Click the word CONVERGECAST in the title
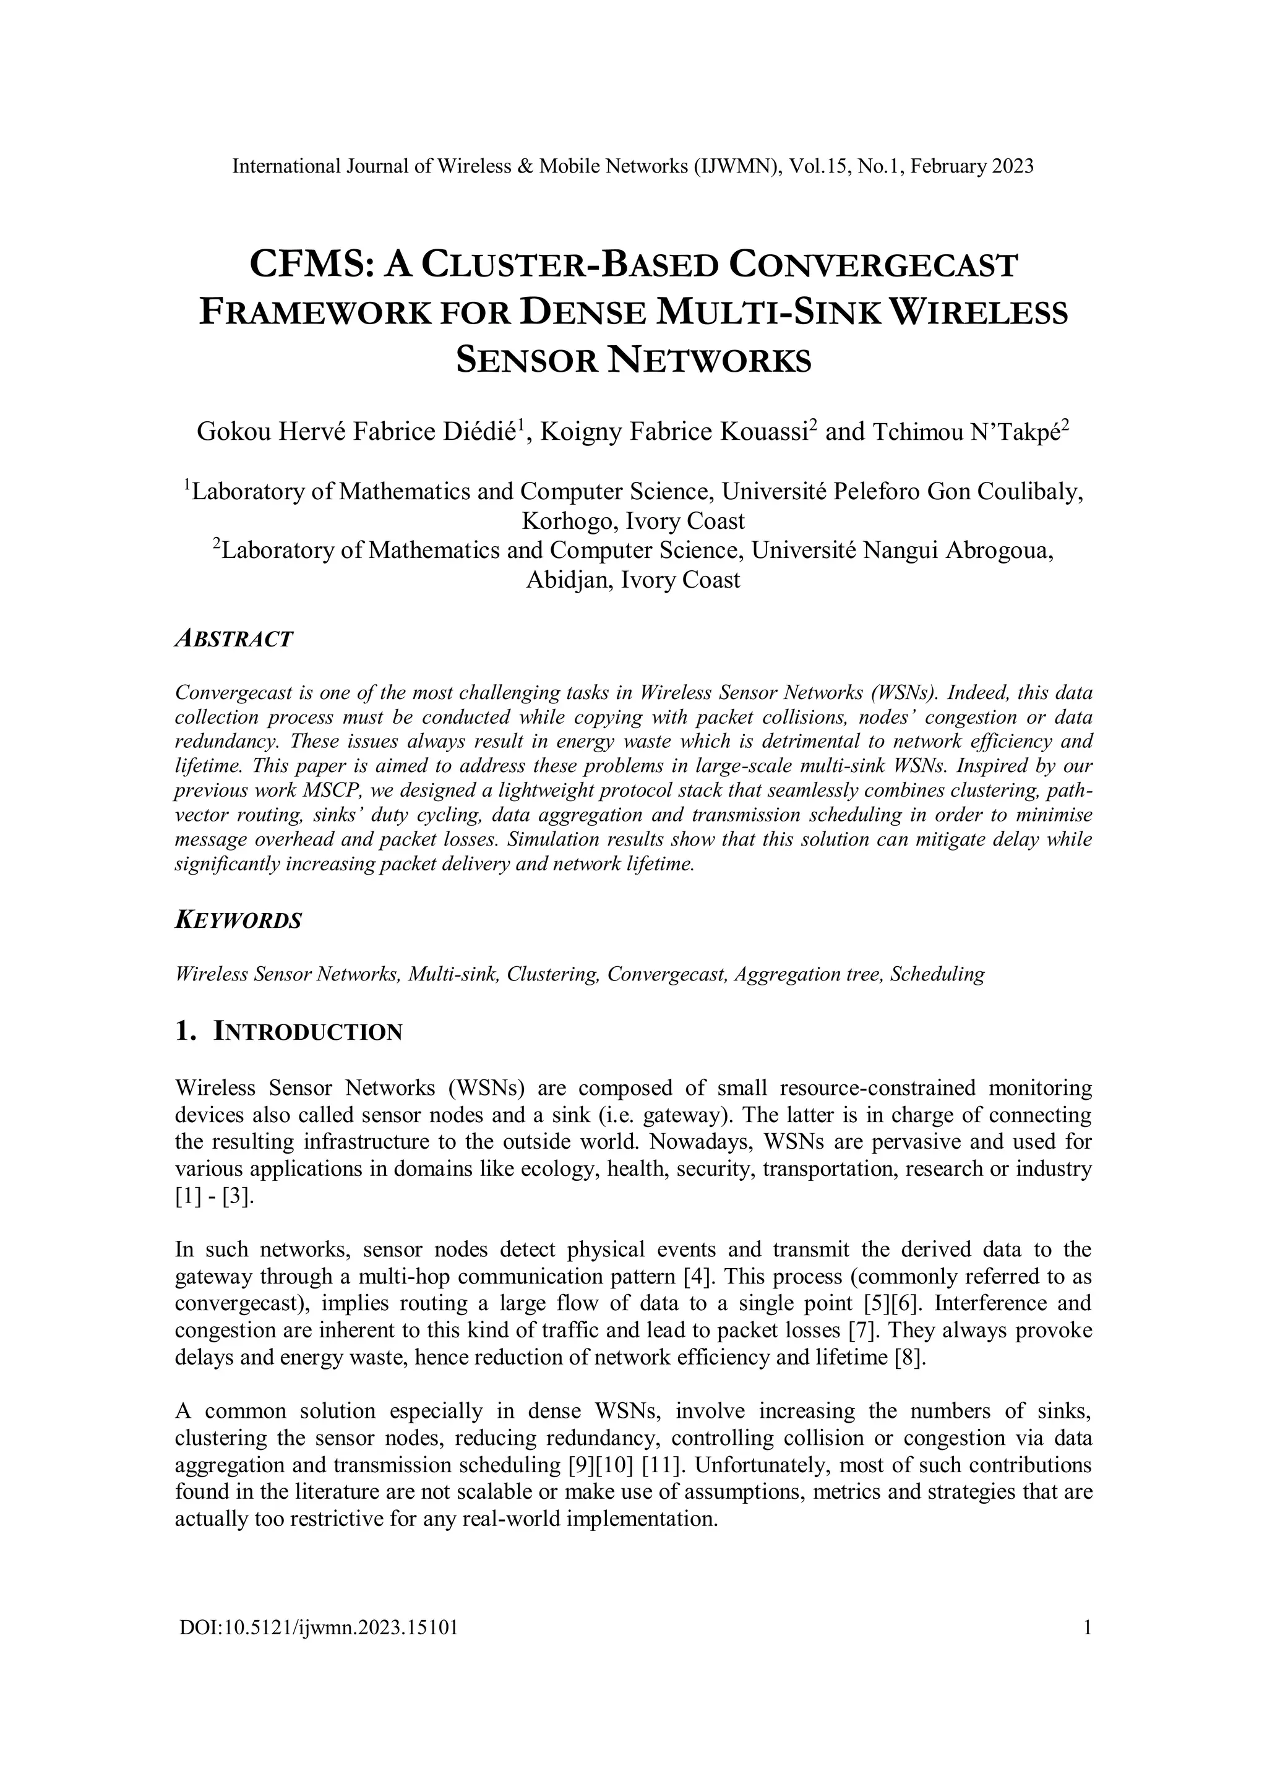[x=874, y=265]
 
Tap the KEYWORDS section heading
[x=238, y=920]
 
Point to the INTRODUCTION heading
[x=308, y=1032]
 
